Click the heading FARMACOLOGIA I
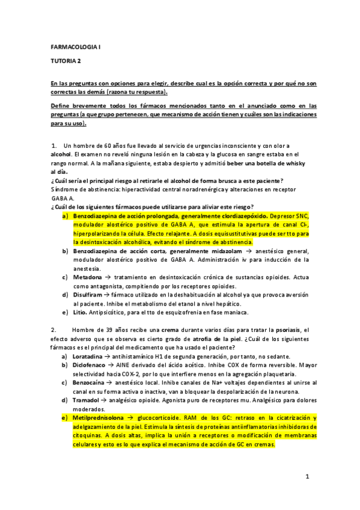coord(75,46)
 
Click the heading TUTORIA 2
coord(64,61)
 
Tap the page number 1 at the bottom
coord(307,477)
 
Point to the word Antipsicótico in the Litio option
coord(112,312)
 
